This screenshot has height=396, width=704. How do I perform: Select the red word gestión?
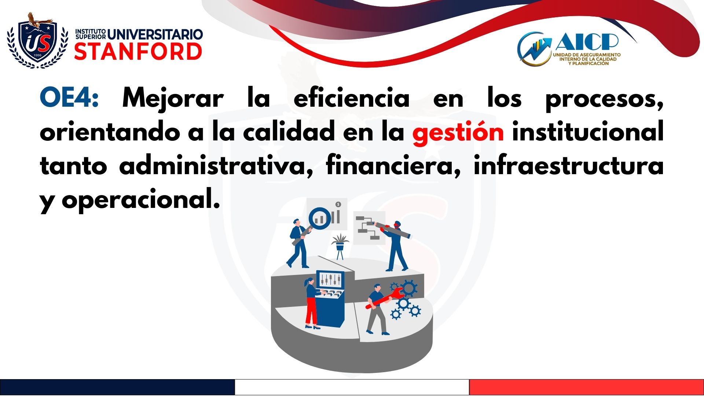pos(458,132)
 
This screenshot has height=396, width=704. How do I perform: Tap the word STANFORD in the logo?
pos(138,51)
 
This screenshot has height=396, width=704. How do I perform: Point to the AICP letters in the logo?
pos(587,42)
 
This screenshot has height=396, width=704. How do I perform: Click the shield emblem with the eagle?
pos(37,41)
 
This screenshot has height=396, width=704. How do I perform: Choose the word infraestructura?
pos(568,165)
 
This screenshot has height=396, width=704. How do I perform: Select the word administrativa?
pos(216,165)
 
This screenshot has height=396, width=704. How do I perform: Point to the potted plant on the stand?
pos(340,246)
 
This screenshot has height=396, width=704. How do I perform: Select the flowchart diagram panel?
pos(369,228)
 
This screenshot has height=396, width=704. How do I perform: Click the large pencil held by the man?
pos(392,230)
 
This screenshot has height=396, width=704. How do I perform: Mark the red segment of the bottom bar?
pos(587,387)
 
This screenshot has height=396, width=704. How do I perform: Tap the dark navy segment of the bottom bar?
pos(117,387)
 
